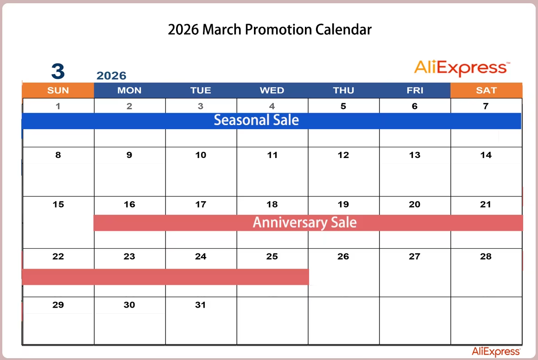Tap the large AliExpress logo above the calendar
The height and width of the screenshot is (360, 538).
click(x=462, y=68)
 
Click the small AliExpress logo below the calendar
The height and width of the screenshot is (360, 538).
click(x=496, y=351)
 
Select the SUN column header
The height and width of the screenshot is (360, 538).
click(x=58, y=90)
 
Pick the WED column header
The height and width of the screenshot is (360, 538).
click(x=272, y=90)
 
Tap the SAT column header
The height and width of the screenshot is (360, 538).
click(x=486, y=90)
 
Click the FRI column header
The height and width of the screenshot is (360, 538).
click(x=415, y=90)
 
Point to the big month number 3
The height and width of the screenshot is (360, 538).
click(x=58, y=71)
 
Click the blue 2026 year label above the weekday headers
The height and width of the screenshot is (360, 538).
click(x=111, y=76)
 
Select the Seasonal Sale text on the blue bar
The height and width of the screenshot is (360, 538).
click(x=256, y=120)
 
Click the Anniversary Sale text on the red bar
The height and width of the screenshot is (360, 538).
click(x=305, y=222)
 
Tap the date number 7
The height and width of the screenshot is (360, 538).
click(x=486, y=107)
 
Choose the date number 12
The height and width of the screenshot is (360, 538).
click(x=343, y=155)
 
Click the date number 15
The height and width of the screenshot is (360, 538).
click(x=58, y=204)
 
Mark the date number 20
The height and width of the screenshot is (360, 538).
click(x=414, y=204)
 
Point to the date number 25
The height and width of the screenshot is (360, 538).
click(x=272, y=256)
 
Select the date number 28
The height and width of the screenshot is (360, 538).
click(x=486, y=256)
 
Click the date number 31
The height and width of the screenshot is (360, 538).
click(x=200, y=305)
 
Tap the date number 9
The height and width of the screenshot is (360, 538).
click(x=129, y=155)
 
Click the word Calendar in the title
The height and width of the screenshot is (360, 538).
click(x=343, y=30)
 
